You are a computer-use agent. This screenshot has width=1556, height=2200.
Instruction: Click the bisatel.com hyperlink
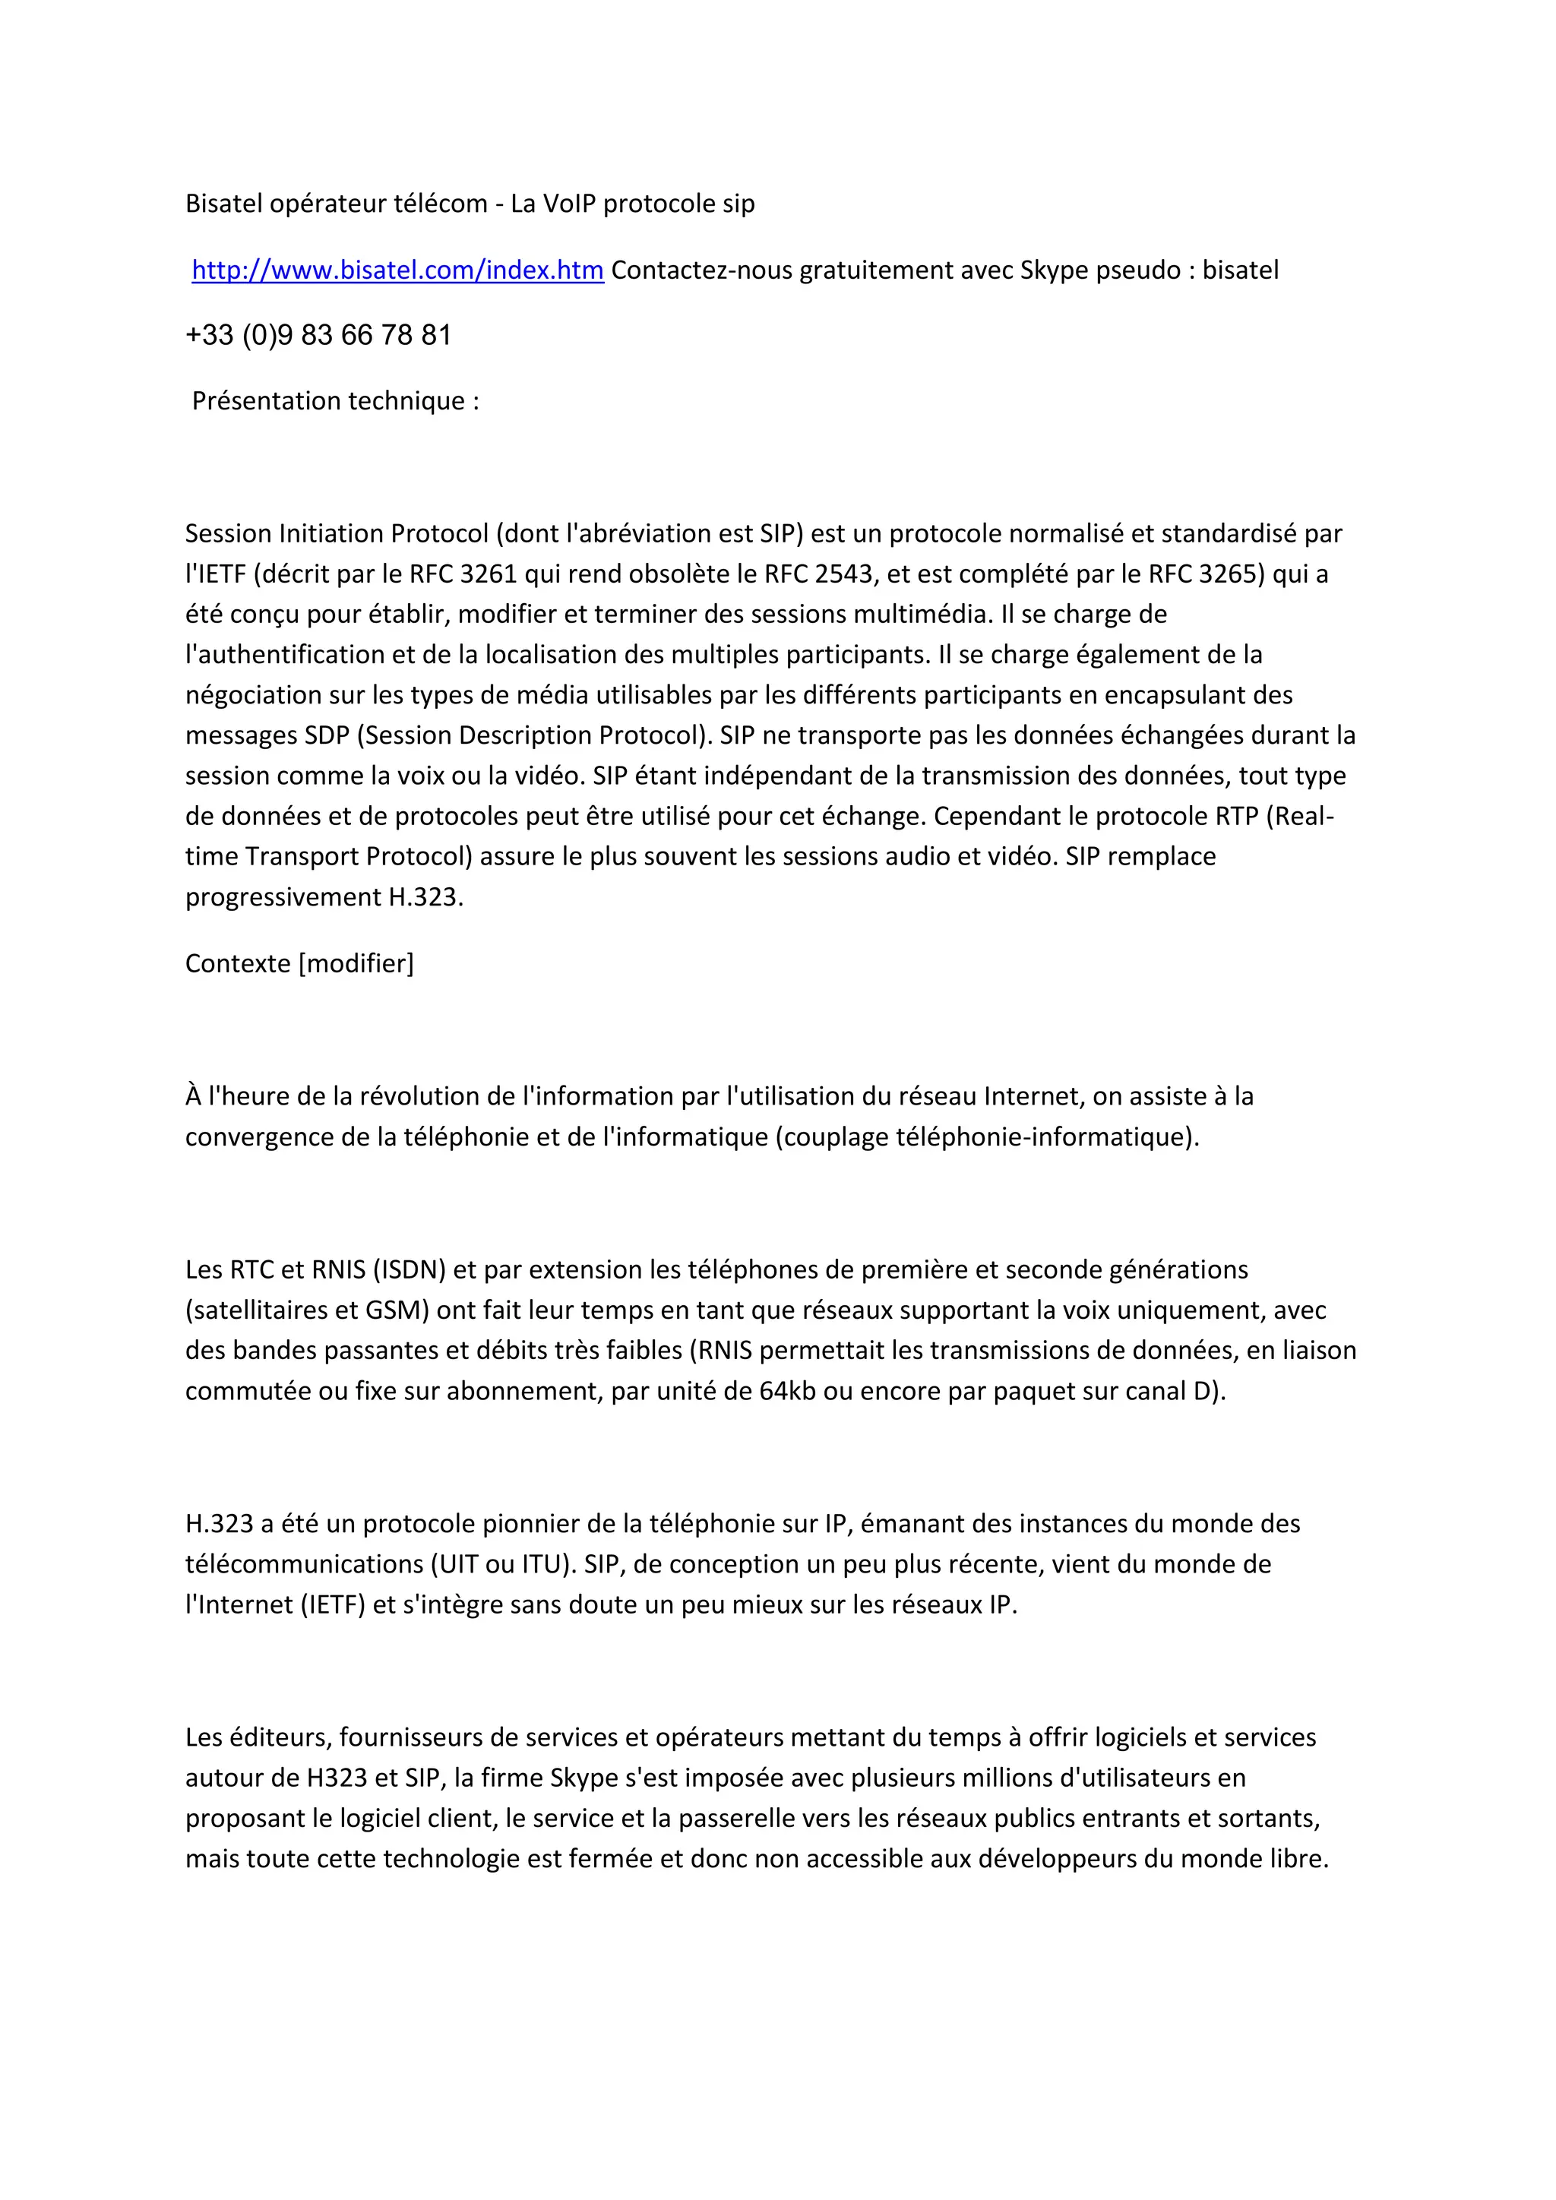tap(397, 270)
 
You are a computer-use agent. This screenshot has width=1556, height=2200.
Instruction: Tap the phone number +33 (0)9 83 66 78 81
tap(318, 335)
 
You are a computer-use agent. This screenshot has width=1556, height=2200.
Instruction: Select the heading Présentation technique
tap(335, 400)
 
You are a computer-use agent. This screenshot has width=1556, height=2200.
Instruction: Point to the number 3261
tap(489, 574)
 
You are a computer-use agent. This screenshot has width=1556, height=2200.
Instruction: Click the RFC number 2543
tap(843, 574)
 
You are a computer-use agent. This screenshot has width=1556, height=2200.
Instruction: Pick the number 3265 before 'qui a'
tap(1231, 574)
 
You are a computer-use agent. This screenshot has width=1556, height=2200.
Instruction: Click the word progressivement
tap(283, 897)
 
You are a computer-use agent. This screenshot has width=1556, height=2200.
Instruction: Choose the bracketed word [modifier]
tap(356, 963)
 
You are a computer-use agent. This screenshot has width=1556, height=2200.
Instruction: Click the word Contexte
tap(238, 963)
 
